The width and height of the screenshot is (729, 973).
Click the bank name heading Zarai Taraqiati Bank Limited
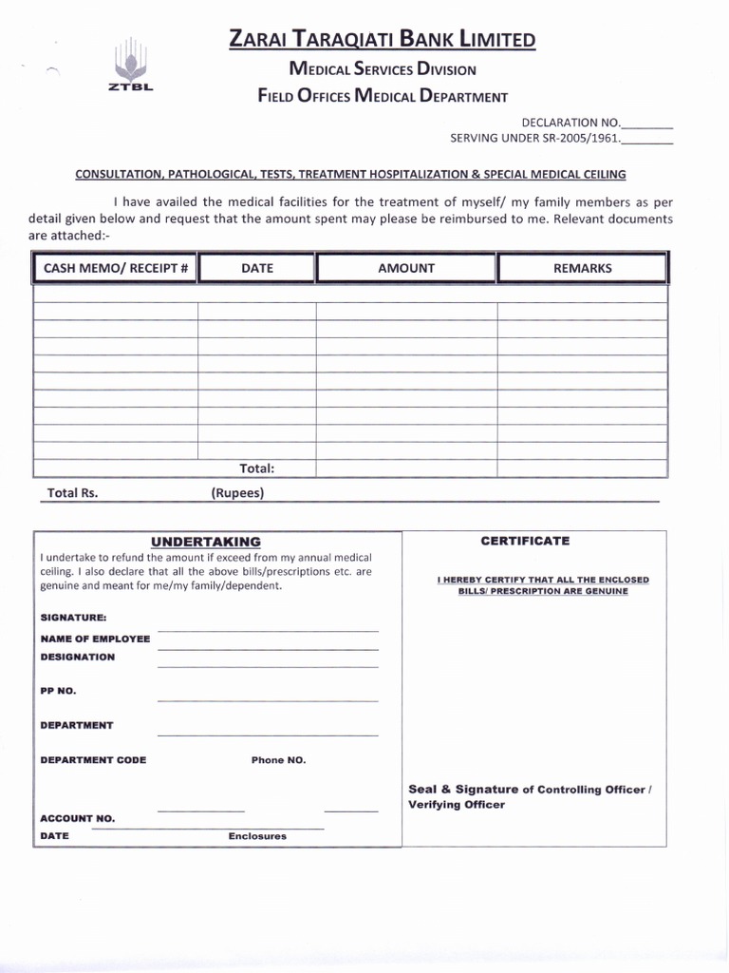pos(382,39)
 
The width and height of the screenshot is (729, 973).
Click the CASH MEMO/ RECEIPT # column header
pos(116,268)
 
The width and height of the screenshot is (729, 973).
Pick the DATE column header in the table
pos(256,268)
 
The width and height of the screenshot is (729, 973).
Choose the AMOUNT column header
pos(405,268)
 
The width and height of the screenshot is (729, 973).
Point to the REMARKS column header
pos(582,268)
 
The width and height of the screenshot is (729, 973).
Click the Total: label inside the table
pos(256,468)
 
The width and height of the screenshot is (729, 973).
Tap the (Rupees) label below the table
pos(237,493)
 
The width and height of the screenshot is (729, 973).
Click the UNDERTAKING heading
pos(205,542)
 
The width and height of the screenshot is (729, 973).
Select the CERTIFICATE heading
pos(525,541)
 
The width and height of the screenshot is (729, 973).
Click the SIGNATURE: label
pos(73,618)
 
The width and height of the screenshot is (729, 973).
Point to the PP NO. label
pos(58,691)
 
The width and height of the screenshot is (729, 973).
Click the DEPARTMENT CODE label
pos(93,760)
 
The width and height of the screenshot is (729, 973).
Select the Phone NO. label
pos(278,760)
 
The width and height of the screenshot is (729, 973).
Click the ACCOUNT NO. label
pos(77,818)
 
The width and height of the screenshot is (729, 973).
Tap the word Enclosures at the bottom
pos(256,836)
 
